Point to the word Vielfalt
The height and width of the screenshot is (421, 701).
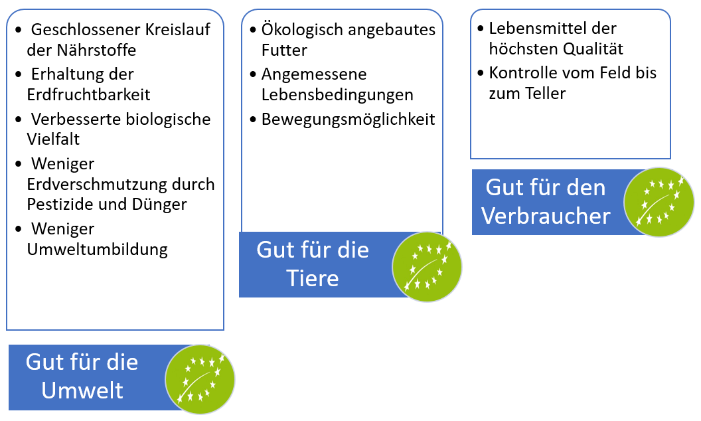(53, 139)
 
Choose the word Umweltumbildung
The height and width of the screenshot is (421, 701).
(97, 250)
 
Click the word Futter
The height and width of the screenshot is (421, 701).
(284, 50)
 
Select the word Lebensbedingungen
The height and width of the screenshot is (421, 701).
(337, 94)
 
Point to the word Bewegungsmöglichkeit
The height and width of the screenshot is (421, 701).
(348, 120)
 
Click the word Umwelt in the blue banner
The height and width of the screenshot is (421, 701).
(82, 389)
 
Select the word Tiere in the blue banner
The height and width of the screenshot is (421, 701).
(313, 278)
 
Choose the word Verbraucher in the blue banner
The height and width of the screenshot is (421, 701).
(546, 216)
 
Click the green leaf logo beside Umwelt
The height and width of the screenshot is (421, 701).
(200, 379)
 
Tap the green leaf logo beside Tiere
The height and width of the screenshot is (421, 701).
(427, 267)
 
